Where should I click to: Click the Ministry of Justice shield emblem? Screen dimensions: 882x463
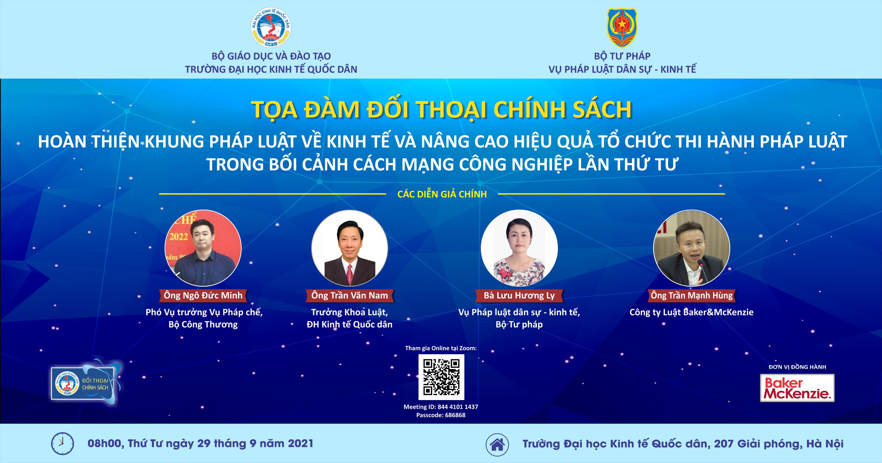click(x=622, y=28)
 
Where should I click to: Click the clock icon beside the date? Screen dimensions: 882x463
click(x=62, y=443)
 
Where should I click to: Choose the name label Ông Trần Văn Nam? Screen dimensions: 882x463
click(x=350, y=295)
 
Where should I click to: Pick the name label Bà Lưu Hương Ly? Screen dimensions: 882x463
click(x=519, y=295)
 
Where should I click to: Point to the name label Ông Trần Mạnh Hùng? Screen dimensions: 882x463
click(x=692, y=295)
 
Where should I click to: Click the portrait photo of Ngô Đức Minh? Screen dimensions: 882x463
click(x=203, y=248)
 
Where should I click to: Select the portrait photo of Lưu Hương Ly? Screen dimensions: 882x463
click(x=519, y=248)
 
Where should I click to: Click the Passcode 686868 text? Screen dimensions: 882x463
click(x=441, y=415)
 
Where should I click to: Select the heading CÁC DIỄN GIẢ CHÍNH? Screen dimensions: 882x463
click(x=442, y=194)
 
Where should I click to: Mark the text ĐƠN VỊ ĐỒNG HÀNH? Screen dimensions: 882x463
click(x=797, y=367)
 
